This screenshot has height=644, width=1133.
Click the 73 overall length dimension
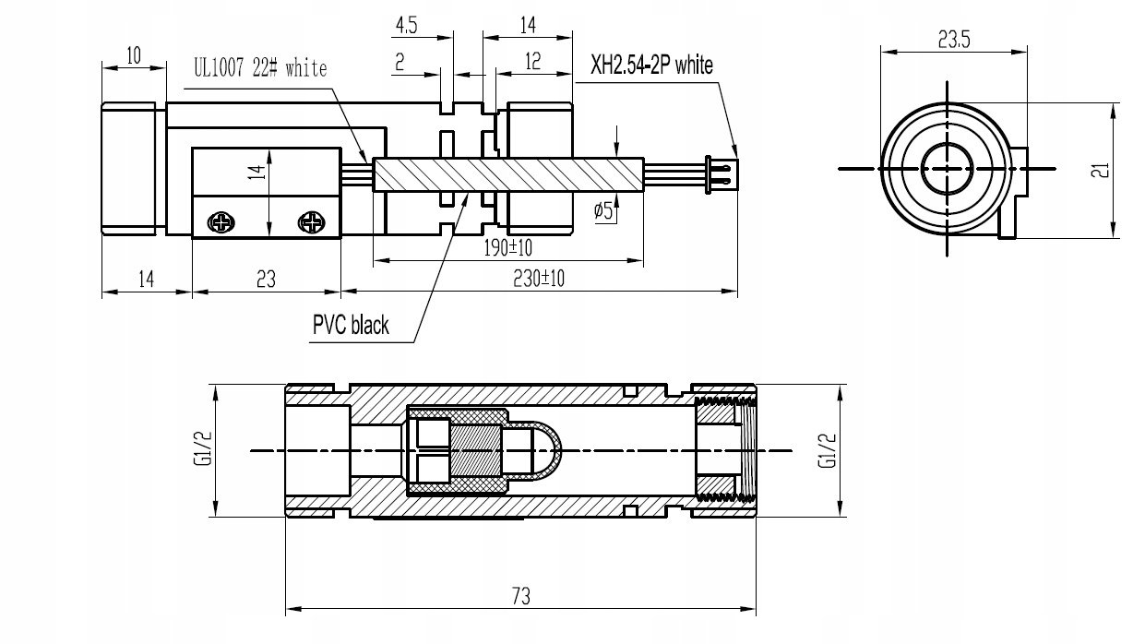521,596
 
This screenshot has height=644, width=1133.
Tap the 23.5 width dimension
954,39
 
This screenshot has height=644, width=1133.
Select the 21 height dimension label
1100,170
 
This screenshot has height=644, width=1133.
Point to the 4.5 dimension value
406,25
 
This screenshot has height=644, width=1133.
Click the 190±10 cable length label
507,248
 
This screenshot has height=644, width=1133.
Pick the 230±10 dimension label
539,279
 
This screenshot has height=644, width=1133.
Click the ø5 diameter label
602,209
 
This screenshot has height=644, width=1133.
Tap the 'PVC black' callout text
351,325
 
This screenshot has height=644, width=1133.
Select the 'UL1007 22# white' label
260,67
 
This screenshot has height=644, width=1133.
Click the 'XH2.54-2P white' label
651,65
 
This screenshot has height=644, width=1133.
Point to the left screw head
221,222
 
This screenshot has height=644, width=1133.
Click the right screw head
312,222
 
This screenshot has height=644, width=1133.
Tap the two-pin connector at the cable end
722,174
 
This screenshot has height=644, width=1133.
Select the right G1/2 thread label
828,451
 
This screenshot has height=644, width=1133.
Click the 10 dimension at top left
134,55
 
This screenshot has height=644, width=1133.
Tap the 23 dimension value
266,280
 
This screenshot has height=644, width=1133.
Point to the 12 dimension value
533,62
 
